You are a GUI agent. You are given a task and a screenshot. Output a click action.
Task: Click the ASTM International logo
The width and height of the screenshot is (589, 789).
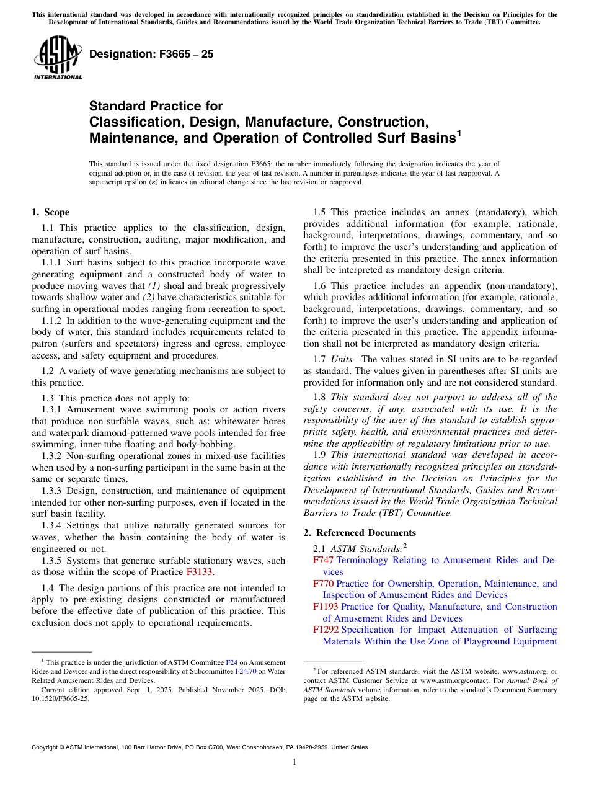(x=57, y=58)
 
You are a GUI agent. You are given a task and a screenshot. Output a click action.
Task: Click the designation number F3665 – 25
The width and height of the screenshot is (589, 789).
(x=151, y=55)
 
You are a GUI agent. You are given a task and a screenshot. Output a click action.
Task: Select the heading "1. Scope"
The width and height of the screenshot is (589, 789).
(x=51, y=212)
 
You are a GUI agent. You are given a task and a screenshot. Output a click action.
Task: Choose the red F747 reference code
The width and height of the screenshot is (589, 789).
(x=323, y=560)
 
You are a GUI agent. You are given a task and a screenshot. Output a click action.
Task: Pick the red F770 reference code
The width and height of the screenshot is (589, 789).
(x=323, y=584)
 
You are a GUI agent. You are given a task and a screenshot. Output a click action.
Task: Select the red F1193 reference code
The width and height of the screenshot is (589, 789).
(x=325, y=607)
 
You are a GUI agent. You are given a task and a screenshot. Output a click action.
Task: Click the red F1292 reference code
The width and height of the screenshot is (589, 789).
(x=325, y=630)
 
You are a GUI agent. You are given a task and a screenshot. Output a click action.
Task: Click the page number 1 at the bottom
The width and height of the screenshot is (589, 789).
(x=294, y=762)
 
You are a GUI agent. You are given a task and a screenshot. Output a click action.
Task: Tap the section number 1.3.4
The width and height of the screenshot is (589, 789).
(x=52, y=525)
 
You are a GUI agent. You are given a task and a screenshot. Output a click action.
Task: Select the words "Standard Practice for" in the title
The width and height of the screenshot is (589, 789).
(x=156, y=106)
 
